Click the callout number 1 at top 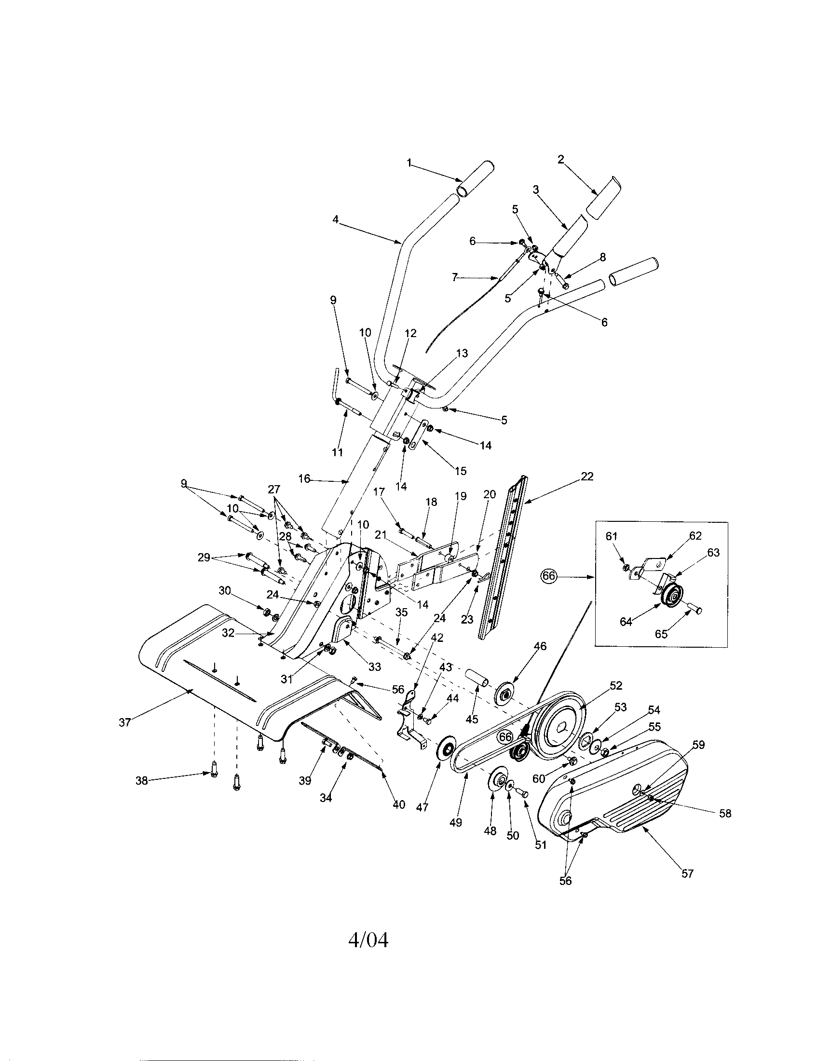pos(409,163)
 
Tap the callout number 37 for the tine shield pos(125,722)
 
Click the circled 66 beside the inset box pos(548,577)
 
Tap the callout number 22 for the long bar pos(587,476)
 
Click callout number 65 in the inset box pos(661,634)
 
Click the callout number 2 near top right pos(561,159)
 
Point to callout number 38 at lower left pos(141,782)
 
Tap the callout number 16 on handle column pos(304,479)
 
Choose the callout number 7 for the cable pos(455,277)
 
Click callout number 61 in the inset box pos(612,536)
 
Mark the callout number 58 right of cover pos(725,813)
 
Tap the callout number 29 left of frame pos(204,558)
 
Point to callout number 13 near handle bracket pos(462,353)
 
